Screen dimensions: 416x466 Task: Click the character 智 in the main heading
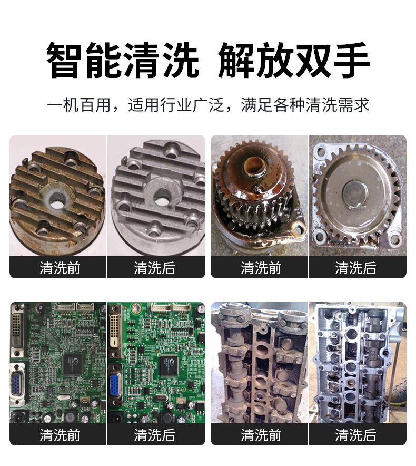pos(64,60)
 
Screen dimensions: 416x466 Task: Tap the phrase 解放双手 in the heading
pos(293,60)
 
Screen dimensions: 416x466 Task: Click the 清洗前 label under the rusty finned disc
pos(60,268)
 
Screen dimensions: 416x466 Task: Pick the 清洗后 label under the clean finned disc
pos(154,268)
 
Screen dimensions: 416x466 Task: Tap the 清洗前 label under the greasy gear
pos(261,268)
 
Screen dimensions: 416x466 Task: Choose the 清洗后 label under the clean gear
pos(355,268)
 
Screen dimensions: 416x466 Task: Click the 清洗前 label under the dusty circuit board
pos(60,435)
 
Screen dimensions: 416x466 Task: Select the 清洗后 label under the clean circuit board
pos(154,435)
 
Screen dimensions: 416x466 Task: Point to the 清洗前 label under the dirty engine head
pos(261,435)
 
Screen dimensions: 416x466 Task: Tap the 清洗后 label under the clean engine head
pos(355,435)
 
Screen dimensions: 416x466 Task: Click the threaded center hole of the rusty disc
pos(56,199)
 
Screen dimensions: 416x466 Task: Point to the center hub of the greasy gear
pos(255,167)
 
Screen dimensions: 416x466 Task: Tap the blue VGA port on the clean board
pos(115,385)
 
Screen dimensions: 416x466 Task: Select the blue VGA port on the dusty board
pos(16,385)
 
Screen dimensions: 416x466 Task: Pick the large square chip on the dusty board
pos(73,364)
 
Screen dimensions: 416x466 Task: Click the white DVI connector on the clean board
pos(114,330)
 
